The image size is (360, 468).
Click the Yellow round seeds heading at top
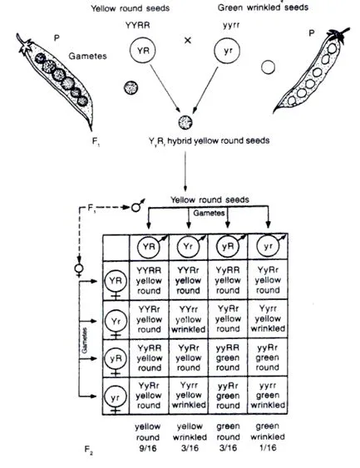[129, 8]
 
